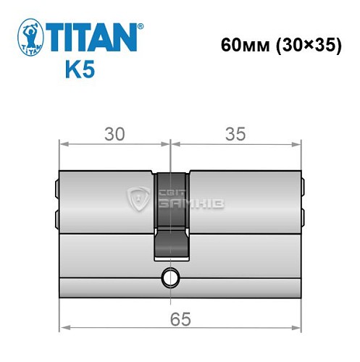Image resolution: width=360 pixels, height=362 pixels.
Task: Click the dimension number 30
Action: coord(114,134)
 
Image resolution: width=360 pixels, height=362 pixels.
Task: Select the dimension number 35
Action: coord(236,134)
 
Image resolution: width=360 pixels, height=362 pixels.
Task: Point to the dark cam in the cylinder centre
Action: coord(171,214)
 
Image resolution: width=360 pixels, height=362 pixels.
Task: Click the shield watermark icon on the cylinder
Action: coord(137,196)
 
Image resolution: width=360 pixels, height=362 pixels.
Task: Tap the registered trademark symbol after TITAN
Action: coord(140,26)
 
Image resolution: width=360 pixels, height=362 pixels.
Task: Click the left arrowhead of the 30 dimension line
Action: coord(62,144)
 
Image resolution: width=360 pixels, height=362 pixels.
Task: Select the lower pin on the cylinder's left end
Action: coord(56,216)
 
